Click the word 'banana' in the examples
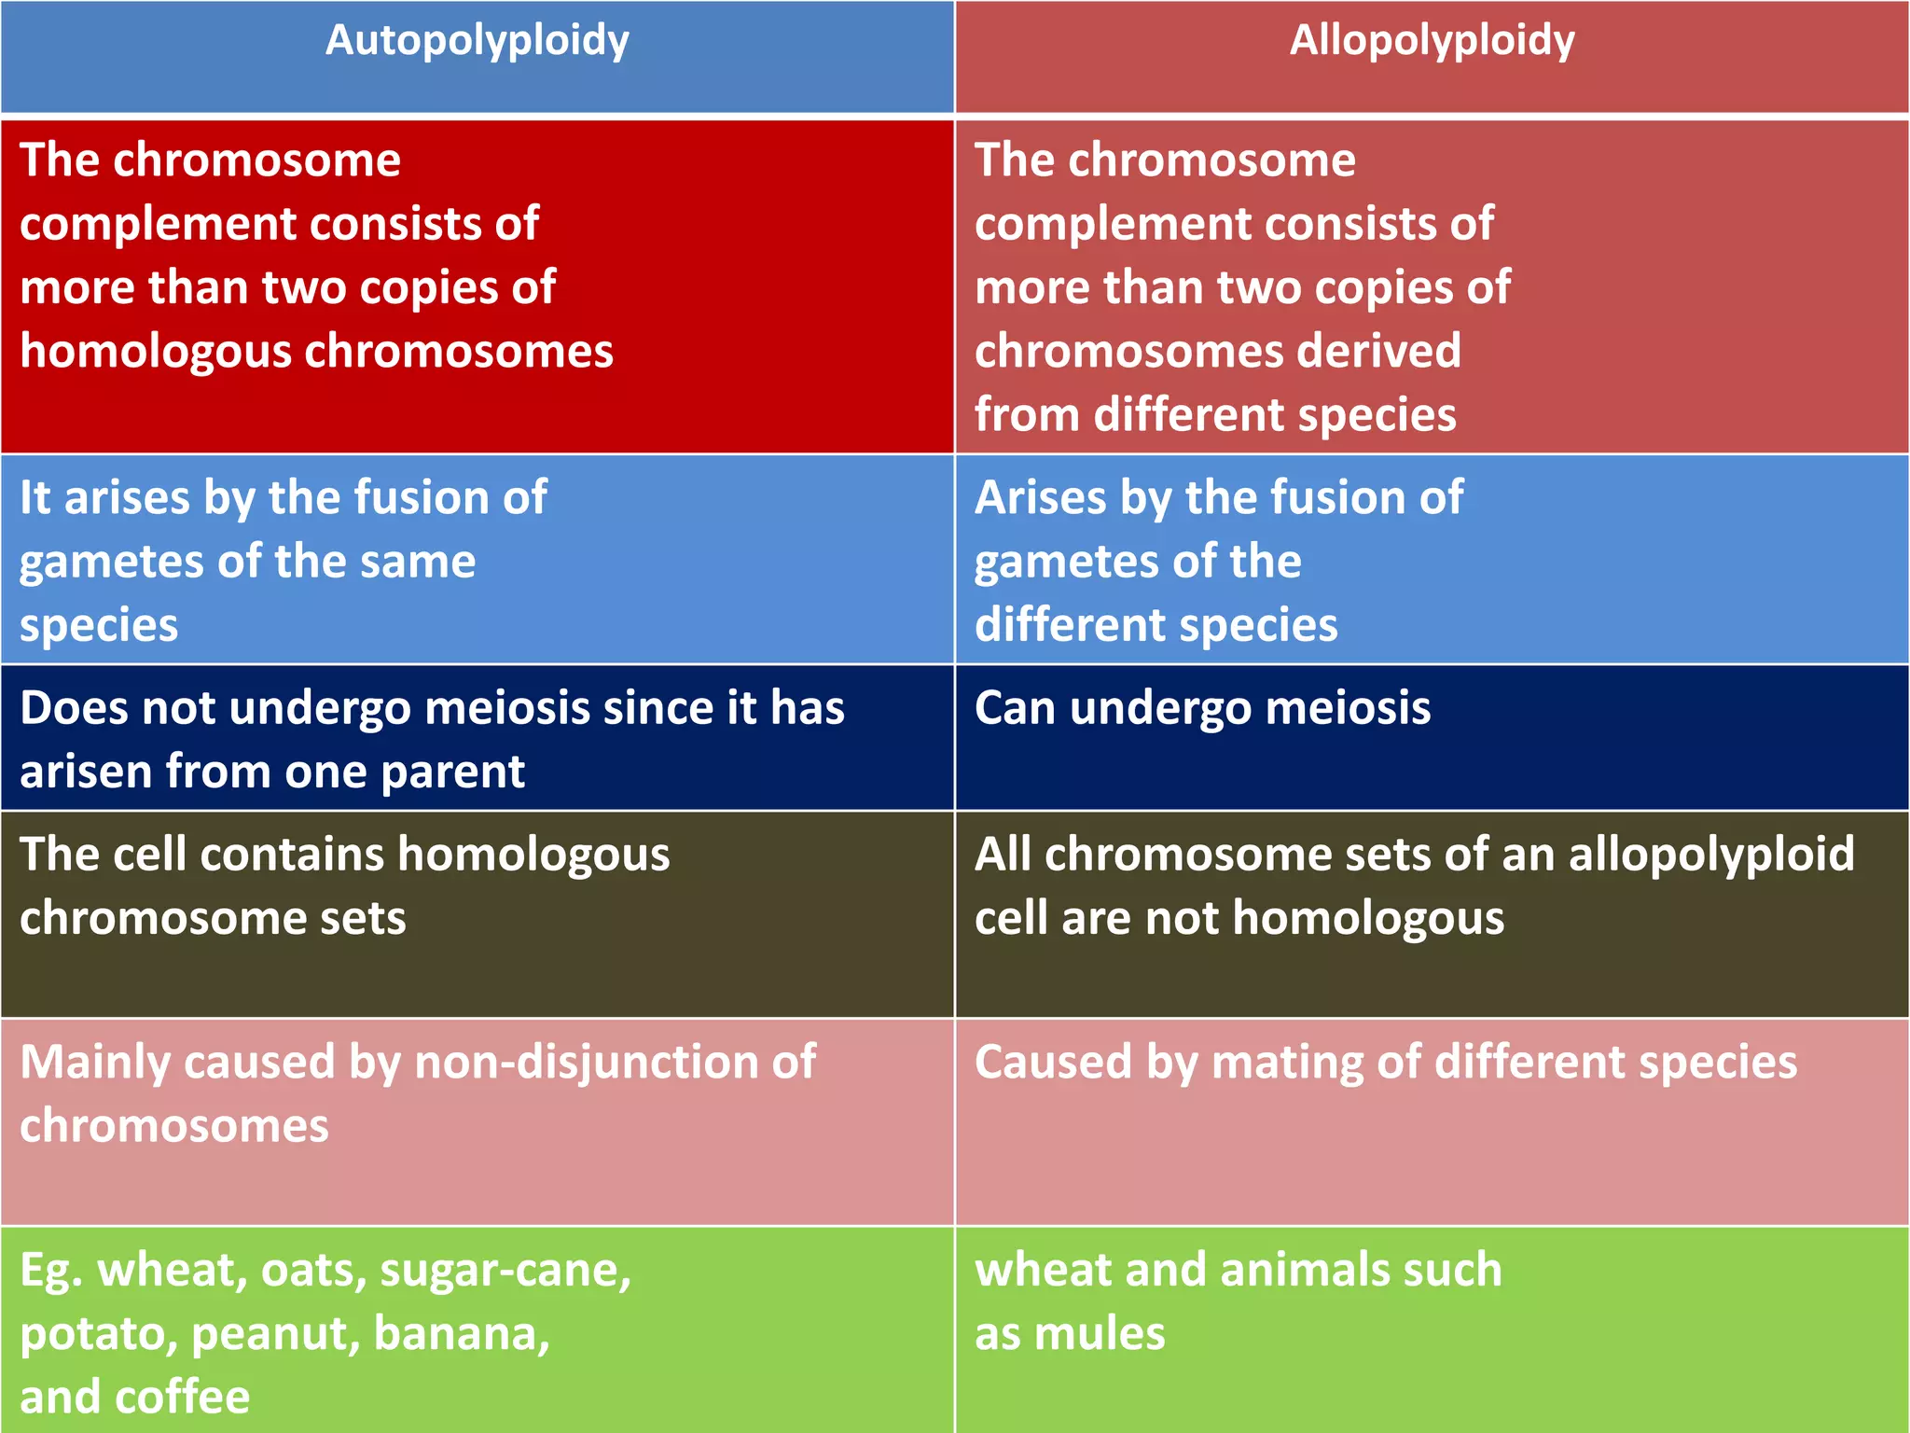click(x=461, y=1333)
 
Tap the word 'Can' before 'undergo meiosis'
click(x=1015, y=708)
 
